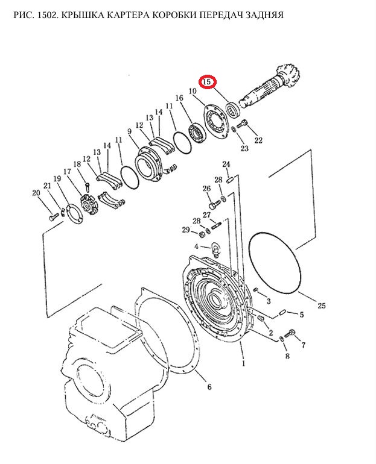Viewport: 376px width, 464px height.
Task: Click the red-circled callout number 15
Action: pos(207,81)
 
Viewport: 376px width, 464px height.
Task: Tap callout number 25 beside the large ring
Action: pos(322,306)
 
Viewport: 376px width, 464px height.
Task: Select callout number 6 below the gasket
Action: pos(209,387)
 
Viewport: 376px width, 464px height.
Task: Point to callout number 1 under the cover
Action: pos(244,363)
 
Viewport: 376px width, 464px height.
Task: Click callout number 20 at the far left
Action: pos(36,193)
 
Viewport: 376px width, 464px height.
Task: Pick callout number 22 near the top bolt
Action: pos(258,140)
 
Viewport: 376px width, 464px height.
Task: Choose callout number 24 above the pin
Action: pos(226,164)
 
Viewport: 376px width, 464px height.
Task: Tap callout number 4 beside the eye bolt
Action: pos(196,246)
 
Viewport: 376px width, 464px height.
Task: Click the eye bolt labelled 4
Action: pos(215,248)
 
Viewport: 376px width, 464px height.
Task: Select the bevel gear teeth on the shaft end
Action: pos(286,74)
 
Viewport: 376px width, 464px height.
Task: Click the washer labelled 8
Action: pos(282,339)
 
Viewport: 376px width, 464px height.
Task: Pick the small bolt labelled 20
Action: pos(53,218)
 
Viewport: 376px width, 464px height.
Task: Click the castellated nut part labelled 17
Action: pos(89,204)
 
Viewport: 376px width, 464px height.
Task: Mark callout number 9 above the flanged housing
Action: pos(129,131)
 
